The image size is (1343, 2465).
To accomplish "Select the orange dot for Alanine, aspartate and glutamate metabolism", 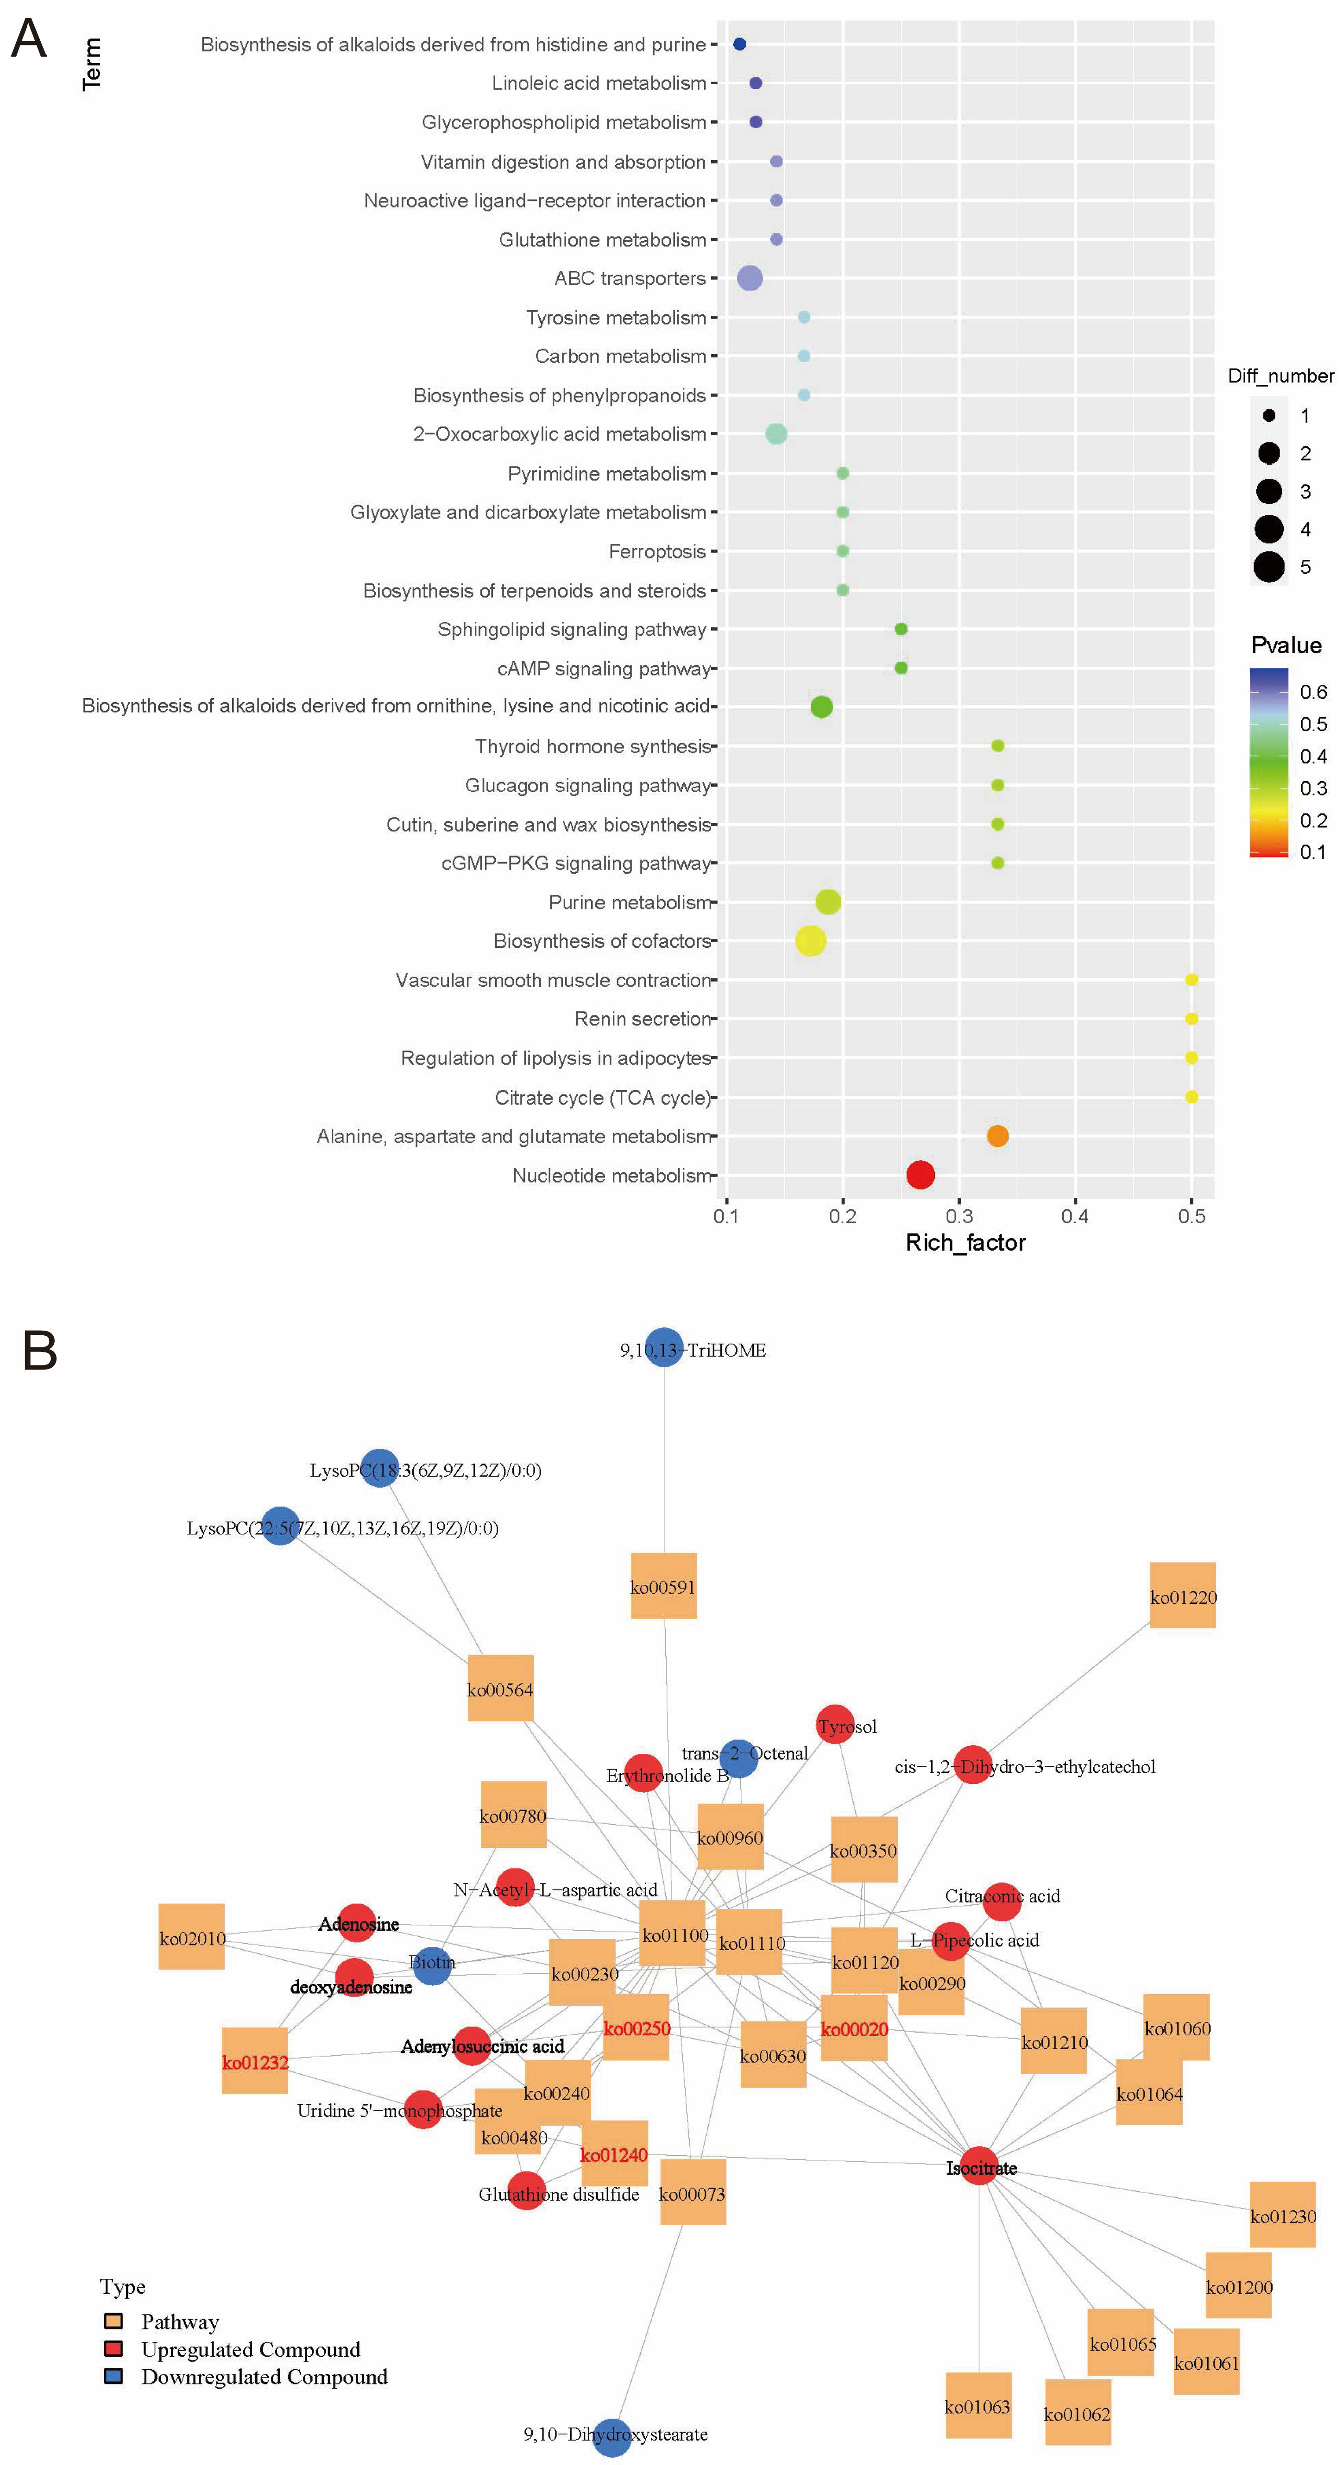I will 997,1136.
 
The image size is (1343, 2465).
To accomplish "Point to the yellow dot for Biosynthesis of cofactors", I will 810,941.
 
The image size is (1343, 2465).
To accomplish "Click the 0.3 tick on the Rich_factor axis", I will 959,1216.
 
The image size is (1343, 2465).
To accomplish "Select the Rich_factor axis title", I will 965,1243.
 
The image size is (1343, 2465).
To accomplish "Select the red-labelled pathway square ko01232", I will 255,2062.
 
